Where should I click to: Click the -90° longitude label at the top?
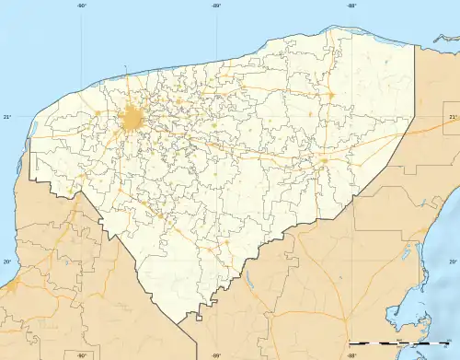(x=81, y=6)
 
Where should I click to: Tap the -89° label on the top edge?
(x=216, y=6)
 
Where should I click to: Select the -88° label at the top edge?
(x=351, y=6)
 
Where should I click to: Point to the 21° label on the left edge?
(x=6, y=117)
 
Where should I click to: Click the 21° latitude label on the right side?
(x=453, y=117)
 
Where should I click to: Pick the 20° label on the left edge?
(x=6, y=261)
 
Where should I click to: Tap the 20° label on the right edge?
(x=453, y=261)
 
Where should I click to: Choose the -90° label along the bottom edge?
(x=81, y=355)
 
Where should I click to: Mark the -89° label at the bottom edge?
(x=216, y=355)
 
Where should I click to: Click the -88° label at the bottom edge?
(x=351, y=355)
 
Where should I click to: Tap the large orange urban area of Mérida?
(x=132, y=119)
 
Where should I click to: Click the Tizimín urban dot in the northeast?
(x=328, y=94)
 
